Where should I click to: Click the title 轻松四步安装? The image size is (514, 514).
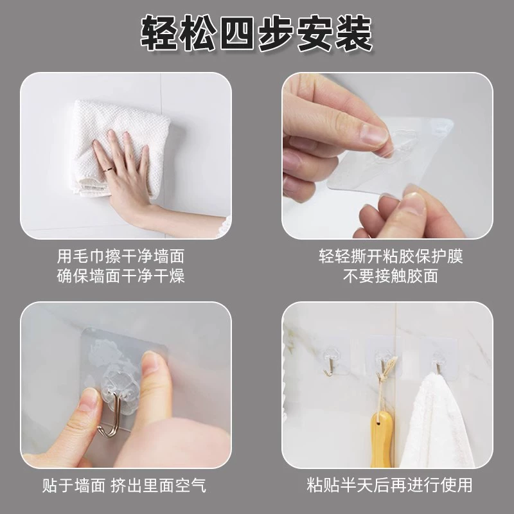256,34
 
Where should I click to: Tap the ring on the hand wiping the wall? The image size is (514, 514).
108,170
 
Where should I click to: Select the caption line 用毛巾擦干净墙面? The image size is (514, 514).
121,256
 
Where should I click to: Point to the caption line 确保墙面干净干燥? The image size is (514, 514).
121,276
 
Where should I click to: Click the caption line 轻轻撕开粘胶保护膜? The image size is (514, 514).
391,256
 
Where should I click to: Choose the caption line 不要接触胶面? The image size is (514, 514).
391,276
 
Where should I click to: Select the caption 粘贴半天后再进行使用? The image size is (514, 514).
390,485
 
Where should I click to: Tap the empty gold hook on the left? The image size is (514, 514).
330,368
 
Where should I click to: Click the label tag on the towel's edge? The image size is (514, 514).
93,188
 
